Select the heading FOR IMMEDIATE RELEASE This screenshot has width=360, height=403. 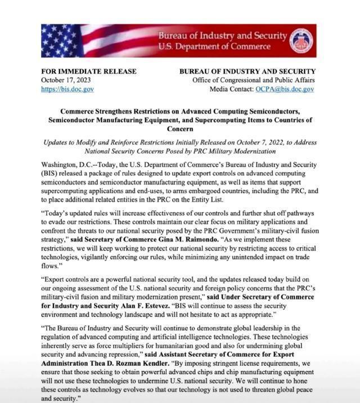89,71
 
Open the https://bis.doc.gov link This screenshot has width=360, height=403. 67,89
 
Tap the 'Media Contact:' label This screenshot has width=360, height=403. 229,89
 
